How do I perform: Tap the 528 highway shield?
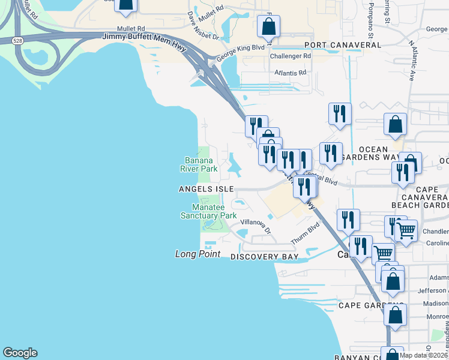pyautogui.click(x=17, y=40)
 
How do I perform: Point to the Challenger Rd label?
pyautogui.click(x=291, y=56)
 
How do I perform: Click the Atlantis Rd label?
pyautogui.click(x=290, y=73)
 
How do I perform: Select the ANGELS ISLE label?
pyautogui.click(x=206, y=188)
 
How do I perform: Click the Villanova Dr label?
pyautogui.click(x=256, y=226)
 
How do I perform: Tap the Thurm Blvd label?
pyautogui.click(x=305, y=233)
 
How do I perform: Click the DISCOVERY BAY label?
pyautogui.click(x=265, y=257)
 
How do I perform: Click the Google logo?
pyautogui.click(x=20, y=353)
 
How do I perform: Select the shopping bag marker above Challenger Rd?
pyautogui.click(x=268, y=28)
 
